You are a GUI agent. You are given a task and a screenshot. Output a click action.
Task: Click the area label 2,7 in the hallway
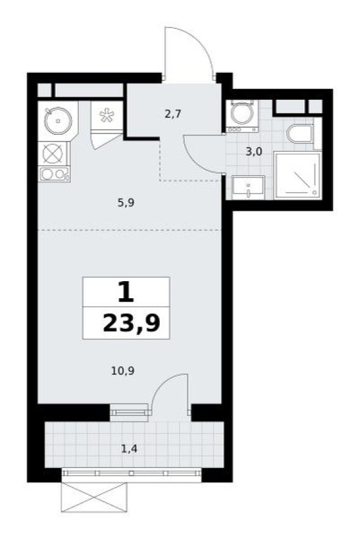(x=173, y=113)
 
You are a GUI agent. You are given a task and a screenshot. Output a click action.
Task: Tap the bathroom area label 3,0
(x=253, y=153)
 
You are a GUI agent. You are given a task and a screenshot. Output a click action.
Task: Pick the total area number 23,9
(x=135, y=323)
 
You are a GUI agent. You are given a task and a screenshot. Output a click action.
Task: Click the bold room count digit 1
(x=126, y=292)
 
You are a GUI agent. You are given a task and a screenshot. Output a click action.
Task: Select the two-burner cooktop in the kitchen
(x=54, y=174)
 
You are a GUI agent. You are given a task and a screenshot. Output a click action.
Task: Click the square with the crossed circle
(x=54, y=152)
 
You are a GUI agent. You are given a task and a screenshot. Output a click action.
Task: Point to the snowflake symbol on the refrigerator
(x=107, y=115)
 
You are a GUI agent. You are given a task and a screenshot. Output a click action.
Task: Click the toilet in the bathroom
(x=302, y=134)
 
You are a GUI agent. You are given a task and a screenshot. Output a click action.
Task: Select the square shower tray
(x=297, y=175)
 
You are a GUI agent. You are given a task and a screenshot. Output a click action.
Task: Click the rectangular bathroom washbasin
(x=248, y=186)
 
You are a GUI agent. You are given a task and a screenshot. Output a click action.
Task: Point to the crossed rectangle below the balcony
(x=94, y=497)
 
